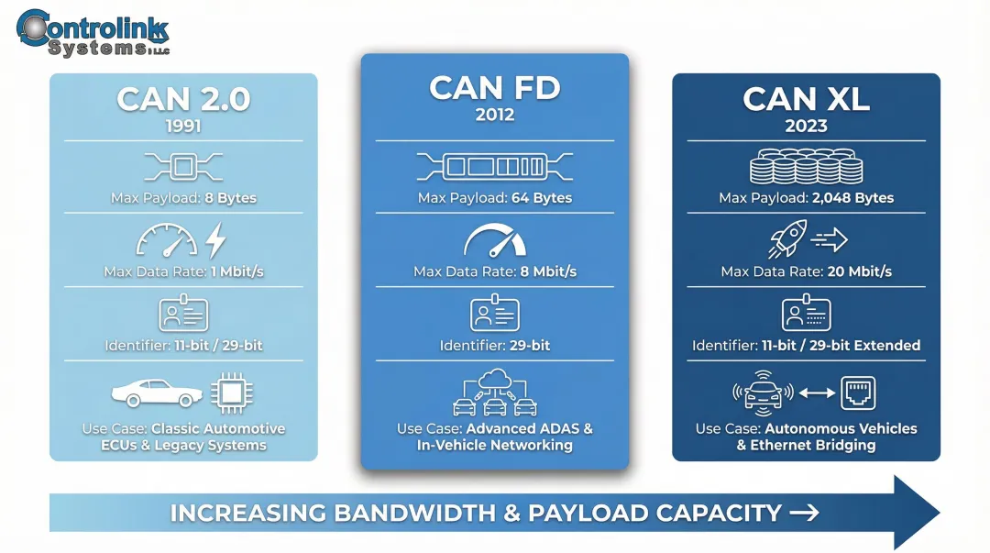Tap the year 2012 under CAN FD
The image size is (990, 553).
pyautogui.click(x=495, y=116)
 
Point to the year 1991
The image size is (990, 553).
pyautogui.click(x=183, y=125)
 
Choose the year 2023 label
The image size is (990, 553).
pyautogui.click(x=806, y=126)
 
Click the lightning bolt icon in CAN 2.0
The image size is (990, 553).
pyautogui.click(x=215, y=240)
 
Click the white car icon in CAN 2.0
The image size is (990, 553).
pyautogui.click(x=157, y=393)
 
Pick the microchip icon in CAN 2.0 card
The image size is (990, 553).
pyautogui.click(x=232, y=393)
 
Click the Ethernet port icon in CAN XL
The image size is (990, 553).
pyautogui.click(x=858, y=393)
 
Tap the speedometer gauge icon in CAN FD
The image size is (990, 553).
pyautogui.click(x=495, y=240)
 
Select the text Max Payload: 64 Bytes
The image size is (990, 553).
pyautogui.click(x=495, y=198)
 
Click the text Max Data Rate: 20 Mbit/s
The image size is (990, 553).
pyautogui.click(x=806, y=271)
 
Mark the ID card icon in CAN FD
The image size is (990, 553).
pyautogui.click(x=495, y=315)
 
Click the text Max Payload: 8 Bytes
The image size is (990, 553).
pyautogui.click(x=183, y=198)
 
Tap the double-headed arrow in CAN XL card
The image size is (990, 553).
pyautogui.click(x=816, y=393)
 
